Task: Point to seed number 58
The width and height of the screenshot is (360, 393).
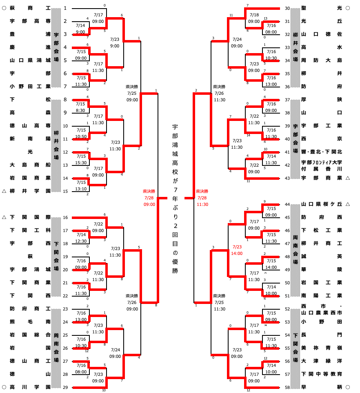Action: [x=287, y=387]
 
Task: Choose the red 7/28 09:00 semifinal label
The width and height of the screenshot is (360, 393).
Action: [x=149, y=198]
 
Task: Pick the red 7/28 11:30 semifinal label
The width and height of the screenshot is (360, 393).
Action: [x=202, y=198]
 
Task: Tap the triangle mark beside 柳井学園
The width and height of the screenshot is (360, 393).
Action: [x=4, y=191]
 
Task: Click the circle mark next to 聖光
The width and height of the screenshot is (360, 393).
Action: [x=348, y=8]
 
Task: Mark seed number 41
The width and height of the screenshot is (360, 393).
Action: [x=287, y=152]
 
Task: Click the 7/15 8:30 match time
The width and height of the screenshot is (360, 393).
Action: [x=81, y=107]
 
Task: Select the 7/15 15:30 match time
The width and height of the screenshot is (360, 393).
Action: [x=81, y=160]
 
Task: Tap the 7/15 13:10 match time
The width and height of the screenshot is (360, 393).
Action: [x=81, y=186]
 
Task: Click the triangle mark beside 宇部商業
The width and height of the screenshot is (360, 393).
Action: [x=348, y=178]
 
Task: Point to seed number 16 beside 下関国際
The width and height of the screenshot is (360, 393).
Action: [x=65, y=217]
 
